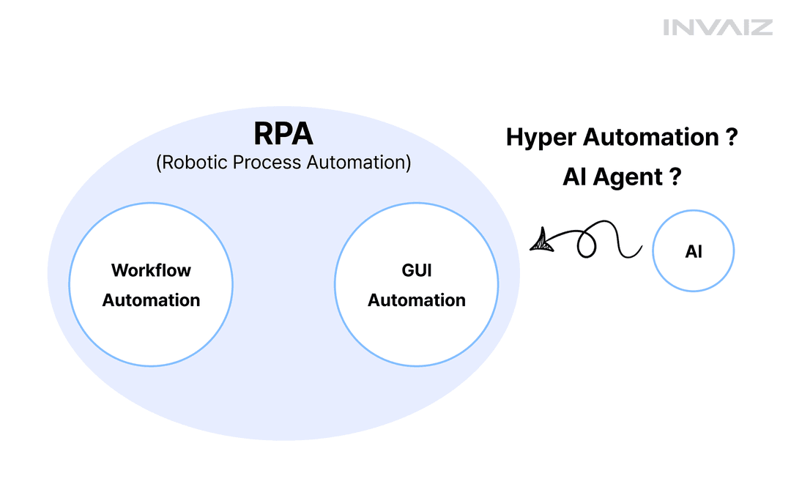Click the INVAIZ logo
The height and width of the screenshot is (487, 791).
pyautogui.click(x=717, y=27)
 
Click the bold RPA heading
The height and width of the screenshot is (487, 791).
pyautogui.click(x=283, y=134)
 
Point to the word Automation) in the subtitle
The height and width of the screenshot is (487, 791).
pyautogui.click(x=359, y=163)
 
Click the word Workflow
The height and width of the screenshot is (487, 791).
pyautogui.click(x=152, y=270)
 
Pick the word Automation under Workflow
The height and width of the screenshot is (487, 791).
pyautogui.click(x=152, y=300)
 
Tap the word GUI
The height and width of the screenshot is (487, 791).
pyautogui.click(x=417, y=270)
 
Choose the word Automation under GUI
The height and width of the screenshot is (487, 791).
pyautogui.click(x=417, y=300)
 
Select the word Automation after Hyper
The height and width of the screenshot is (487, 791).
pyautogui.click(x=651, y=137)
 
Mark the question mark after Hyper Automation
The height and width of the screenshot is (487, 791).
pyautogui.click(x=732, y=137)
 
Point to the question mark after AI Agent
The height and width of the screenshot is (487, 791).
pyautogui.click(x=675, y=176)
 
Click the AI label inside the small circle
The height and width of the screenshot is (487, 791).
pyautogui.click(x=693, y=251)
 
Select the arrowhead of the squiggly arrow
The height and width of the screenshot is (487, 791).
pyautogui.click(x=542, y=240)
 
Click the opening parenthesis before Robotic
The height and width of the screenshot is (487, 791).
pyautogui.click(x=159, y=163)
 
